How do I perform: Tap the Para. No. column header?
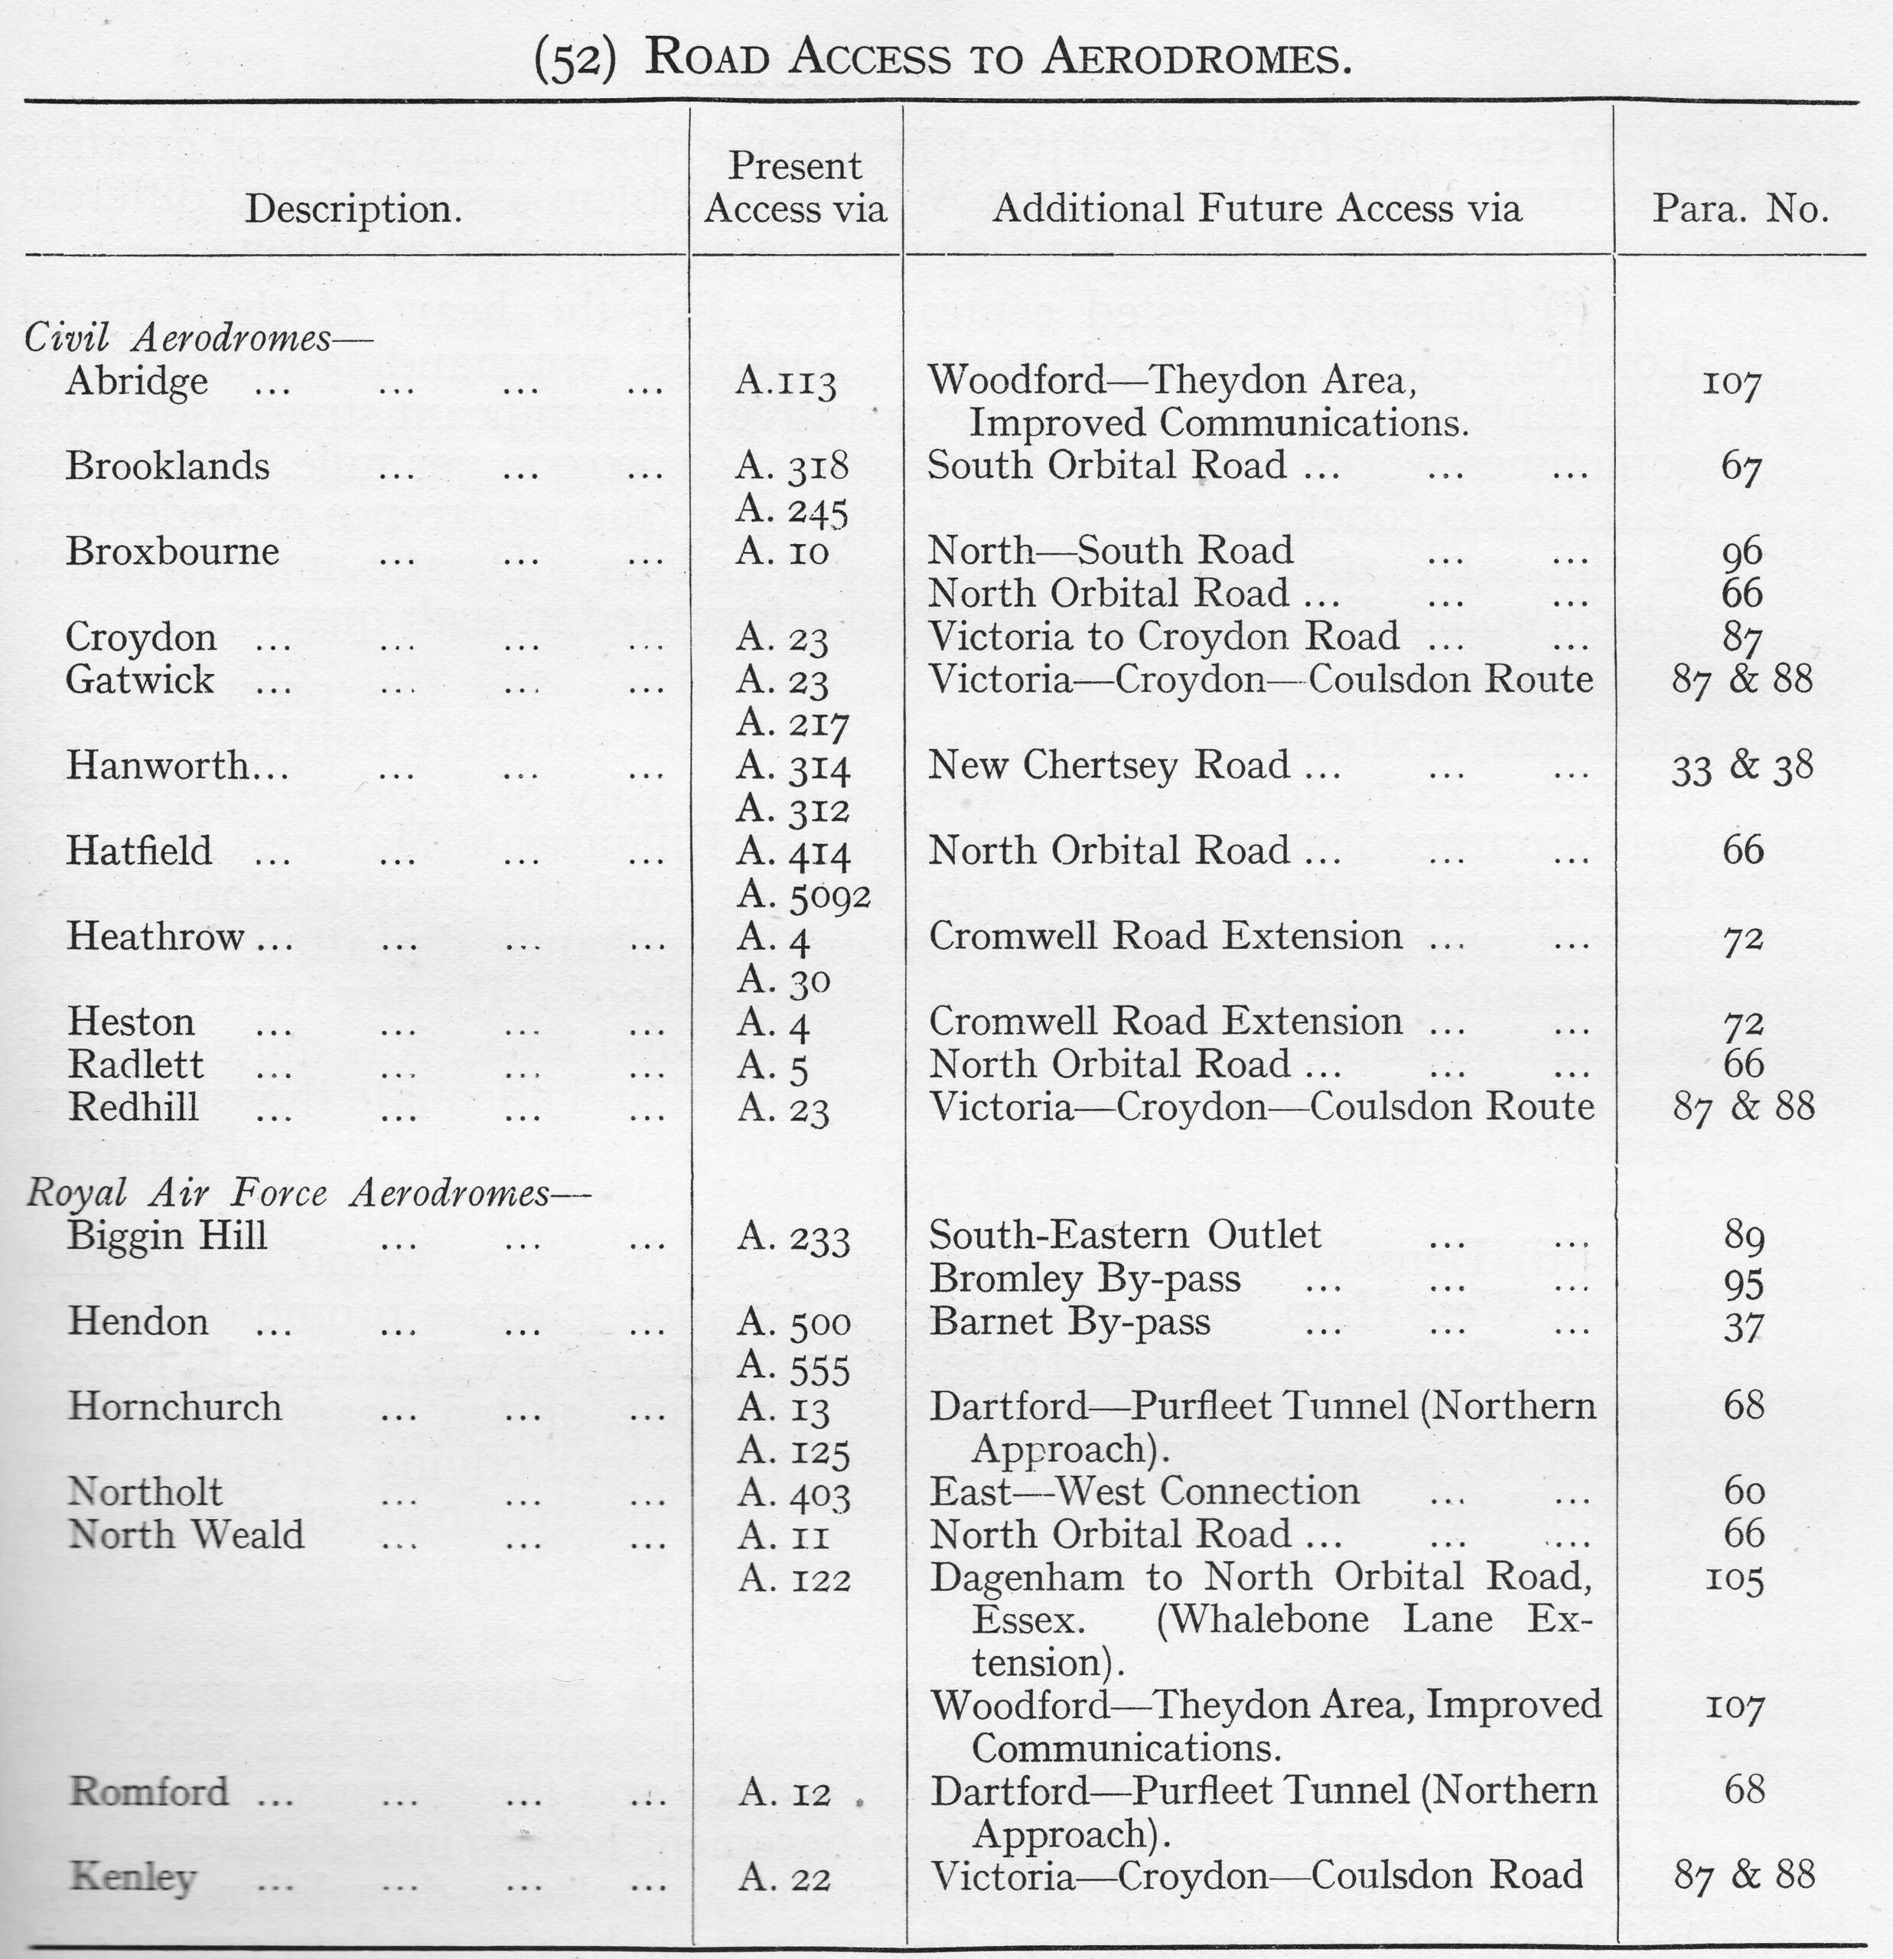1740,209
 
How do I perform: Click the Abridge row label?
137,382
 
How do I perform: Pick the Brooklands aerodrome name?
168,467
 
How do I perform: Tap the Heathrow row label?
156,937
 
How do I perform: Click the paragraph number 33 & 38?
1741,768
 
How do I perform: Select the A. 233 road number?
793,1238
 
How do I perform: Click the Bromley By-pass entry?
1084,1279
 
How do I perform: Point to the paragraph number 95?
1744,1283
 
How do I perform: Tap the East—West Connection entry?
1145,1492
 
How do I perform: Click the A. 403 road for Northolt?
794,1495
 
